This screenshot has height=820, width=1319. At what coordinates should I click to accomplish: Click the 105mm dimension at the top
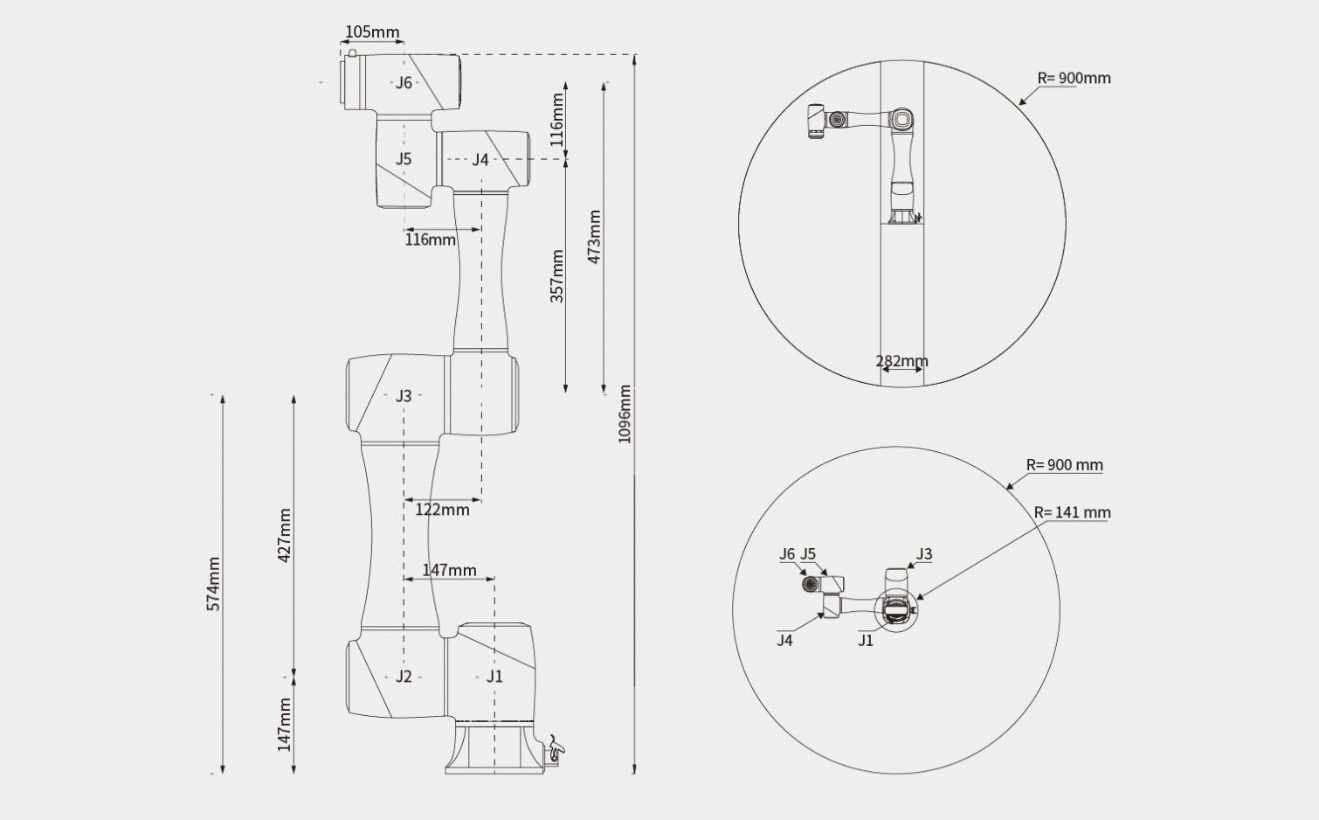[x=372, y=31]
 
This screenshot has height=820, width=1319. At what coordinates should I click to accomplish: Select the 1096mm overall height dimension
[x=625, y=413]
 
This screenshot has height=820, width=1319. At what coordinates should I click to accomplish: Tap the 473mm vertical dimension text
[x=595, y=237]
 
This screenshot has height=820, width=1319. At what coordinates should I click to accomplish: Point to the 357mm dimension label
[x=557, y=276]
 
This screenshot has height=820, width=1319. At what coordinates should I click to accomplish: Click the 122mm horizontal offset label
[x=442, y=510]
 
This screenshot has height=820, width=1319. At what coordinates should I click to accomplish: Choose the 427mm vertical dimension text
[x=285, y=535]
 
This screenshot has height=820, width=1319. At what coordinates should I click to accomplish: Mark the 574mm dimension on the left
[x=213, y=584]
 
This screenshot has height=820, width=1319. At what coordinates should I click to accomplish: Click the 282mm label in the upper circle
[x=901, y=361]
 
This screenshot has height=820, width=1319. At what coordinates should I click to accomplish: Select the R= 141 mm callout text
[x=1073, y=513]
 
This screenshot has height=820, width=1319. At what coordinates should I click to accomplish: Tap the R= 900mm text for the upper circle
[x=1074, y=78]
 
